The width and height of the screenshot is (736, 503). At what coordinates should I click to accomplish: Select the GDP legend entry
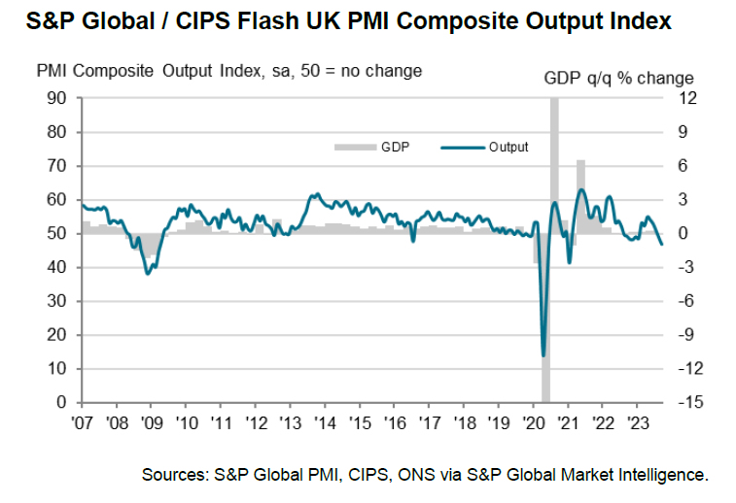(x=383, y=147)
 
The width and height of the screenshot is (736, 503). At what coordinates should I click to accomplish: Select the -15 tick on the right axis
(x=683, y=402)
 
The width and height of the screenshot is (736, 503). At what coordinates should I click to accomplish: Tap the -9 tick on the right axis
(x=683, y=335)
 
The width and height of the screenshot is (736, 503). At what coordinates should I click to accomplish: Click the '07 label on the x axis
(x=83, y=423)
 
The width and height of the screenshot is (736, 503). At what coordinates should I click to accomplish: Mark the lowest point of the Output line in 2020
(x=543, y=355)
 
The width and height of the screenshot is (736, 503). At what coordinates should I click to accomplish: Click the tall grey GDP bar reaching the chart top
(x=554, y=165)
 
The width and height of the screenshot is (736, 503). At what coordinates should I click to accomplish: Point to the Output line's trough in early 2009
(x=147, y=274)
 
